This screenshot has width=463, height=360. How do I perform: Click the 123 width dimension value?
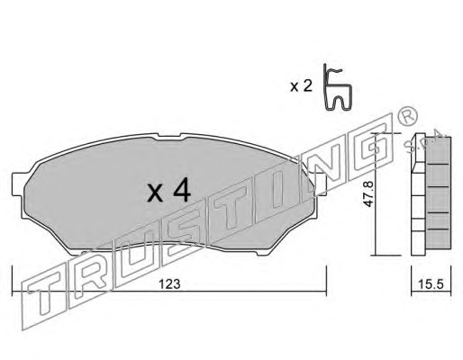(169, 283)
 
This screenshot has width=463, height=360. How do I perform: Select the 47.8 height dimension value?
(368, 193)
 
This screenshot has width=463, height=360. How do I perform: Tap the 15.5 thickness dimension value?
(431, 283)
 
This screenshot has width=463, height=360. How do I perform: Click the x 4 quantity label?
(169, 189)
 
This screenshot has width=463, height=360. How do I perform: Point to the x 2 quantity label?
(301, 87)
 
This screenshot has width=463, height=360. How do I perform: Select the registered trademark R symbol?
(406, 116)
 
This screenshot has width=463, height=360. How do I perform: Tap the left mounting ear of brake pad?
(18, 184)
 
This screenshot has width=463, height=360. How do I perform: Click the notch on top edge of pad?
(169, 136)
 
